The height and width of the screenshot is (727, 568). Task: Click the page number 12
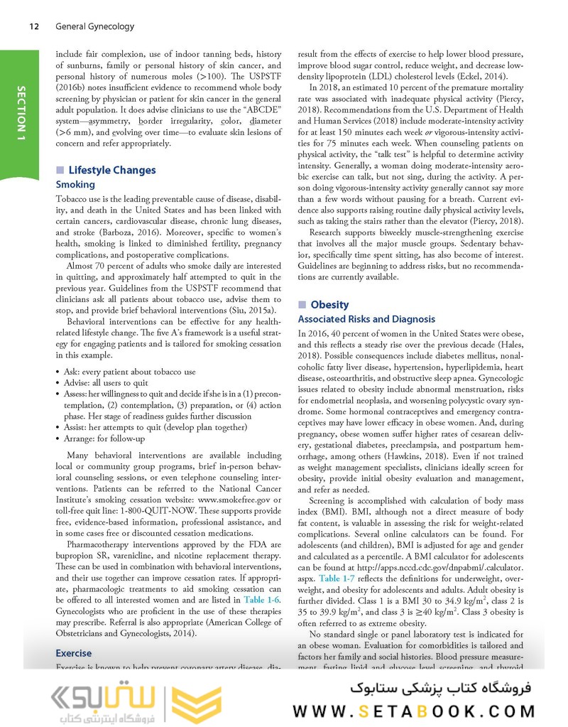33,26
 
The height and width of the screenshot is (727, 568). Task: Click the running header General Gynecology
94,26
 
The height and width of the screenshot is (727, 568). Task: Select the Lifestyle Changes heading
111,171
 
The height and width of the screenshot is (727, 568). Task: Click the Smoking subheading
75,184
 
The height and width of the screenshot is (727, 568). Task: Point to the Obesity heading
329,304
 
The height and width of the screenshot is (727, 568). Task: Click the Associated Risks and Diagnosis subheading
366,319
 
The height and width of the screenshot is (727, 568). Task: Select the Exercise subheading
73,652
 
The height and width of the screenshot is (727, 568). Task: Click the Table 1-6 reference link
261,600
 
